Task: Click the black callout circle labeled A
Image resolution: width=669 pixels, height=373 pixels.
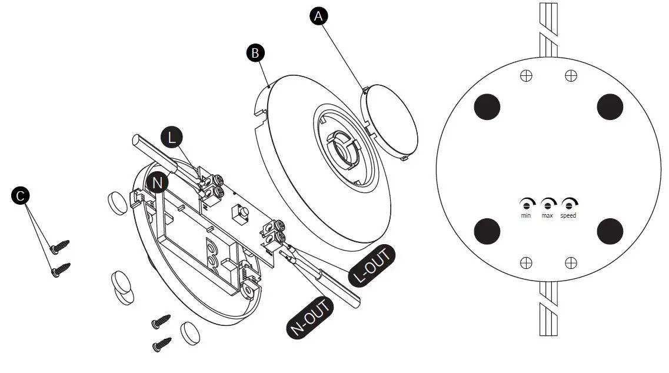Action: pyautogui.click(x=318, y=16)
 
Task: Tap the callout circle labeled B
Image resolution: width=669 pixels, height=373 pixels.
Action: pyautogui.click(x=255, y=53)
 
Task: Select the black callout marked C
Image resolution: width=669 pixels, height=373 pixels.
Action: pyautogui.click(x=21, y=196)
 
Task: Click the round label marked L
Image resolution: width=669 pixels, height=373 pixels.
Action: pyautogui.click(x=172, y=138)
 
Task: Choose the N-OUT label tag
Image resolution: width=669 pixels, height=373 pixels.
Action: pyautogui.click(x=309, y=318)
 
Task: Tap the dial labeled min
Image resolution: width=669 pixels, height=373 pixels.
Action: pyautogui.click(x=526, y=204)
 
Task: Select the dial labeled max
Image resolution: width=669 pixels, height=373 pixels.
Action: pyautogui.click(x=547, y=204)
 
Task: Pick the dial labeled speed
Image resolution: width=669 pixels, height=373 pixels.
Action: pyautogui.click(x=568, y=204)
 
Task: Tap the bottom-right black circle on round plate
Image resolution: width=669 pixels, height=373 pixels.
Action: pyautogui.click(x=610, y=231)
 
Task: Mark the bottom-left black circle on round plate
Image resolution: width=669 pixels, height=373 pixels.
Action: pyautogui.click(x=487, y=231)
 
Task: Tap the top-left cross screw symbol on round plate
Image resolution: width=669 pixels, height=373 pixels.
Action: pyautogui.click(x=527, y=75)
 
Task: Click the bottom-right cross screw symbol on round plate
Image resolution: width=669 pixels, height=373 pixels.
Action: pyautogui.click(x=570, y=262)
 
